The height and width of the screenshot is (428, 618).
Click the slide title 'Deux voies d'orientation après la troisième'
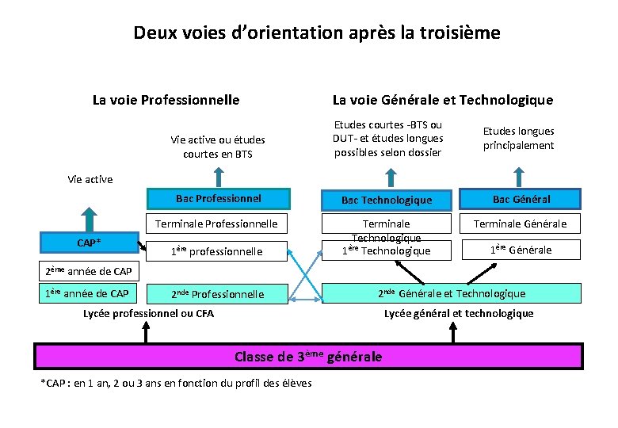click(x=317, y=33)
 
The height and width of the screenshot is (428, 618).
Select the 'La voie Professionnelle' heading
click(x=166, y=100)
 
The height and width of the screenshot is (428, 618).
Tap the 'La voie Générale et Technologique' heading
click(x=442, y=100)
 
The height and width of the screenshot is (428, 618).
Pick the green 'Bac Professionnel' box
click(x=219, y=198)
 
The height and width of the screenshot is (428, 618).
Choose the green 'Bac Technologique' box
click(x=386, y=200)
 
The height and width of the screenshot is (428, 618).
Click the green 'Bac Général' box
click(x=521, y=199)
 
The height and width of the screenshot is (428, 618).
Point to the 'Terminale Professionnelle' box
click(x=227, y=224)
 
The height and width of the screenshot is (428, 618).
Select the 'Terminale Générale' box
click(x=521, y=224)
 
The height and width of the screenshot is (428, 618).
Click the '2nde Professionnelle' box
click(x=218, y=294)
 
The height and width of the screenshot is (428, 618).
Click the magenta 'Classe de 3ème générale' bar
click(x=308, y=357)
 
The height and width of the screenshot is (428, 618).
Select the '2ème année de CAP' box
click(x=88, y=272)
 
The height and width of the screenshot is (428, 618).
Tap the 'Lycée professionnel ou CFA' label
click(x=148, y=313)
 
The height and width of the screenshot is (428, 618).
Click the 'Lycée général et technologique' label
click(x=459, y=313)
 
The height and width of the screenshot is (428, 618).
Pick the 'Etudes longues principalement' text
click(x=519, y=138)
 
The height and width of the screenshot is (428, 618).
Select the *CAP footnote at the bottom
click(x=176, y=384)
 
